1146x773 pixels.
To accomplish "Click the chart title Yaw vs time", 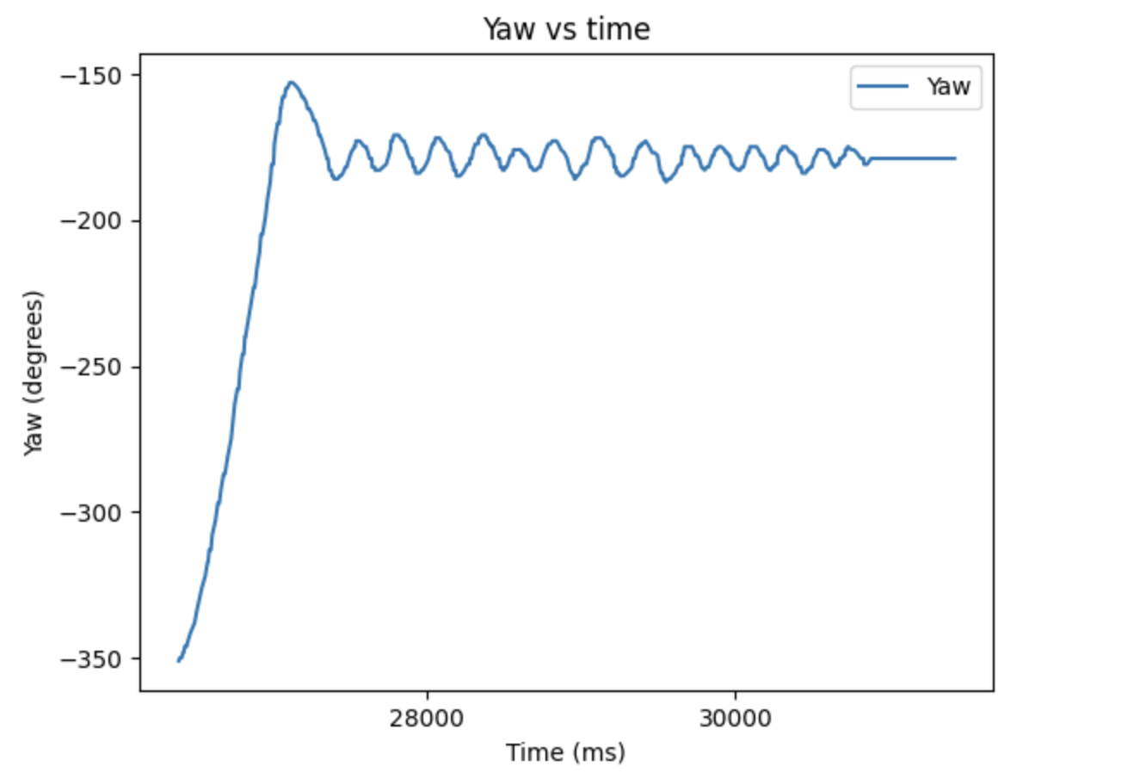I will click(x=566, y=29).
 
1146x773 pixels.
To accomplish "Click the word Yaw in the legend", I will click(x=948, y=86).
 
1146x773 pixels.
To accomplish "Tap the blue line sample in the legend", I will click(x=882, y=86).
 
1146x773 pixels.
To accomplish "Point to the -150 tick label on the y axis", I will click(x=91, y=76).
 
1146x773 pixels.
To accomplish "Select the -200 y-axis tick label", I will click(x=91, y=221).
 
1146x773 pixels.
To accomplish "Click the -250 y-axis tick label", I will click(x=91, y=368).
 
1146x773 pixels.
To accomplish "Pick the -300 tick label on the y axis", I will click(x=91, y=513).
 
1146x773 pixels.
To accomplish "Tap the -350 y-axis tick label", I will click(x=91, y=659).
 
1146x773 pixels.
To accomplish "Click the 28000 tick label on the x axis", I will click(x=427, y=719).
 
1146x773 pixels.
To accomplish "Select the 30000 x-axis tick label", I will click(x=736, y=719).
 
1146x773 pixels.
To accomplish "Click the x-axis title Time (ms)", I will click(x=565, y=752).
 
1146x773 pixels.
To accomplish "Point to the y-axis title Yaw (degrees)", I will click(x=33, y=373).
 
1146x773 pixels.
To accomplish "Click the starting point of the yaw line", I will click(x=178, y=660).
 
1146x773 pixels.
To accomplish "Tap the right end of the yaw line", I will click(x=955, y=158).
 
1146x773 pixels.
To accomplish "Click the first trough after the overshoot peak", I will click(x=336, y=179).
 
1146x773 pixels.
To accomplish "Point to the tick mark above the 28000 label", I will click(x=427, y=694).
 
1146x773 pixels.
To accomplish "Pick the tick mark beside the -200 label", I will click(x=136, y=221).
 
